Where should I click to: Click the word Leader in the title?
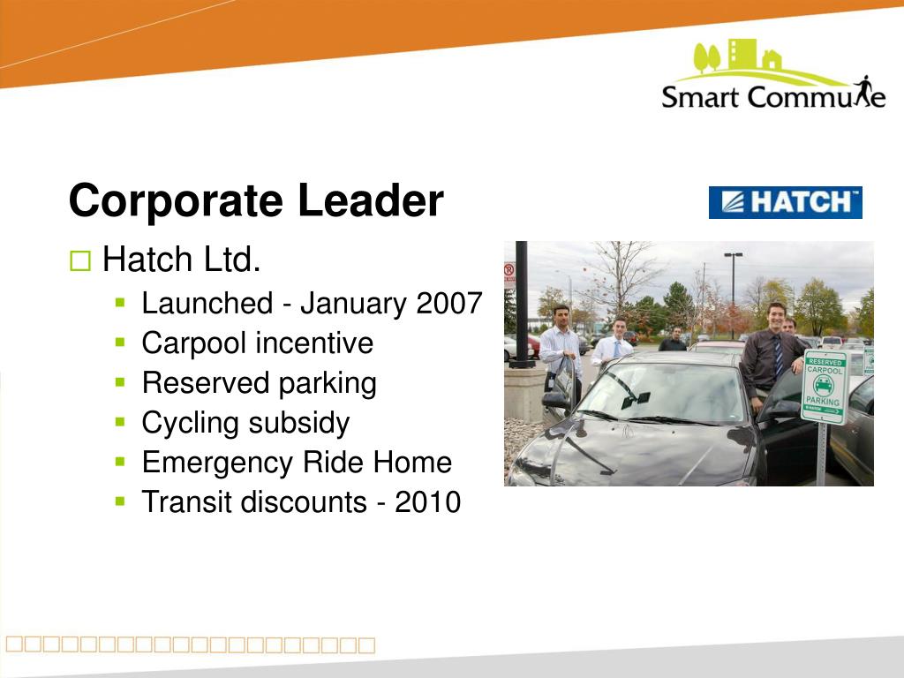[x=371, y=200]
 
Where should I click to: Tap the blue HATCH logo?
[x=785, y=202]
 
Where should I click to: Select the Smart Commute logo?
[x=773, y=74]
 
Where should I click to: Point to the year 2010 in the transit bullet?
[x=428, y=501]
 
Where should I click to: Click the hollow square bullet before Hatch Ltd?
[x=80, y=260]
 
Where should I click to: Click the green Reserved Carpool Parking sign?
[x=825, y=387]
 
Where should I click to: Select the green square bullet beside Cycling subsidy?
[x=120, y=422]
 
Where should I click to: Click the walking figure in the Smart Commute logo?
[x=863, y=90]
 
